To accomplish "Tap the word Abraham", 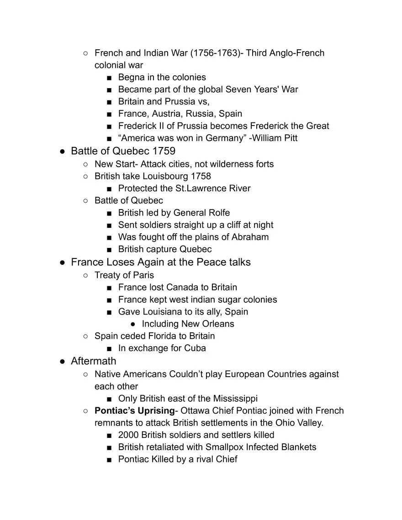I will click(249, 237).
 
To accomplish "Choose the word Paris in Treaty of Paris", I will click(143, 275).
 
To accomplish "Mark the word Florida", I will click(158, 336).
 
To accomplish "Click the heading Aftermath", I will click(94, 361).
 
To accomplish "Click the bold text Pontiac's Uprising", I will click(134, 410).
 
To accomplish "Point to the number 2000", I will click(128, 435).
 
